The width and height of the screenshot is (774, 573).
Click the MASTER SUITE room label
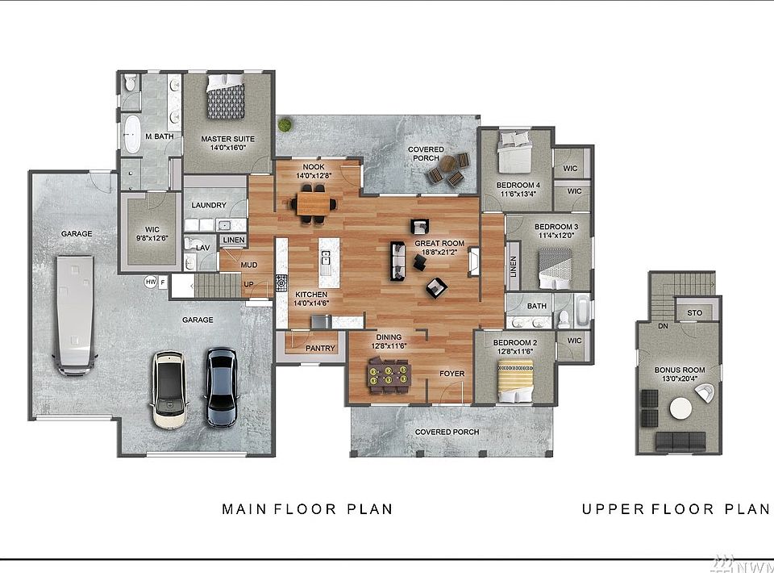coord(227,139)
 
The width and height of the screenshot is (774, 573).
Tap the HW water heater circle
coord(151,282)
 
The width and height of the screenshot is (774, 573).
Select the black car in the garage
coord(221,387)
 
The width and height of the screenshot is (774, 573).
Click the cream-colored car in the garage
coord(169,390)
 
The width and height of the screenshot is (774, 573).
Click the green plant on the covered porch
coord(284,125)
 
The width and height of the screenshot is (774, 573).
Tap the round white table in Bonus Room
coord(681,409)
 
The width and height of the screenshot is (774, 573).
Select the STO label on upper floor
coord(694,312)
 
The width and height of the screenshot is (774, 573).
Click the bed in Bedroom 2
coord(515,374)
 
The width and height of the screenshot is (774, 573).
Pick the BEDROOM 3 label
coord(556,227)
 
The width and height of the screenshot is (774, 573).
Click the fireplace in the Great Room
coord(473,261)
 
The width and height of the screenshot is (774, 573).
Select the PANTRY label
coord(320,349)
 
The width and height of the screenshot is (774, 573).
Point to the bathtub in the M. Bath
coord(131,133)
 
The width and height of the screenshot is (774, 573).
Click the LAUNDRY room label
coord(209,205)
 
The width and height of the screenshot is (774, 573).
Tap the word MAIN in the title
coord(244,508)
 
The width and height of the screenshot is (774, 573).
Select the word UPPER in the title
coord(613,508)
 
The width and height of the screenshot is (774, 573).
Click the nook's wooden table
coord(314,203)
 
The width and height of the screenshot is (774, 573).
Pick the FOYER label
coord(452,374)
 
